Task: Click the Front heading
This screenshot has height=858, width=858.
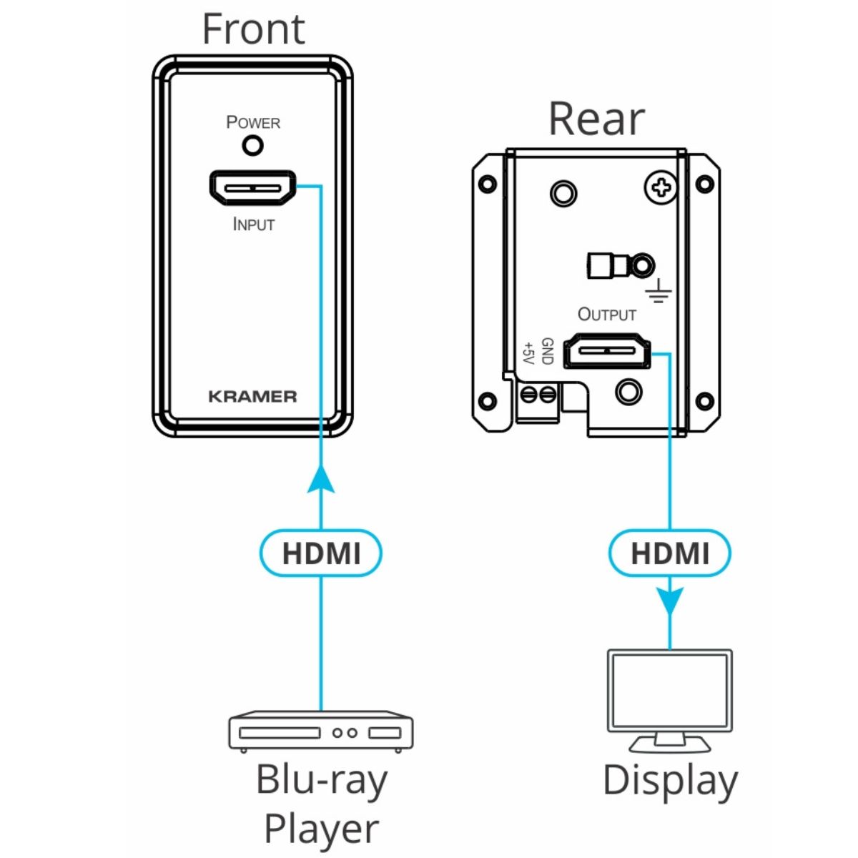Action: [x=253, y=29]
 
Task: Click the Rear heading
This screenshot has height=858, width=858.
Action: [x=596, y=119]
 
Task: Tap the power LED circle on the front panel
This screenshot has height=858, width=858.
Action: [x=253, y=146]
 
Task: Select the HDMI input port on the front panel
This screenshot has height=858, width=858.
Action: [x=252, y=188]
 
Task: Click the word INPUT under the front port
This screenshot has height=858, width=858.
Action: [x=253, y=224]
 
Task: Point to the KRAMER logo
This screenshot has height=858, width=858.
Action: [x=252, y=396]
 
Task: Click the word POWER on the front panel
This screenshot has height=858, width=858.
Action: [x=253, y=122]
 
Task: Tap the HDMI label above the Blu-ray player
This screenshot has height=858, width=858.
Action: [x=321, y=553]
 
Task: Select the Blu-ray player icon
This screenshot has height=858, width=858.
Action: [x=321, y=731]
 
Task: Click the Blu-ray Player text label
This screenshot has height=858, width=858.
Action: [x=321, y=804]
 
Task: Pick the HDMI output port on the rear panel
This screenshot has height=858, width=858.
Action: [x=608, y=352]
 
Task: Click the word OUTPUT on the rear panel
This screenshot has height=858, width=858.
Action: [x=606, y=314]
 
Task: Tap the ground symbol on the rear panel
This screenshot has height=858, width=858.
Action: [x=659, y=291]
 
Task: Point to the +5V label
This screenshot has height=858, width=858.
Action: [x=528, y=352]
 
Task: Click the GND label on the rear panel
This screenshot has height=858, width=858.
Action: [x=547, y=351]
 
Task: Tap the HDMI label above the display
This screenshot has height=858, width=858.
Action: [x=670, y=553]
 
